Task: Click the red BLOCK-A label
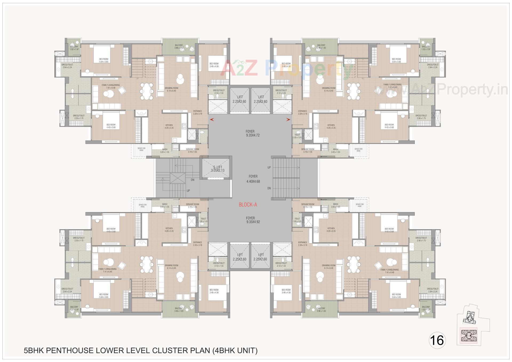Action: pyautogui.click(x=248, y=205)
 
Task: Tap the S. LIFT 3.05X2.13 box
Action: pyautogui.click(x=218, y=168)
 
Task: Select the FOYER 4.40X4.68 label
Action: pyautogui.click(x=253, y=179)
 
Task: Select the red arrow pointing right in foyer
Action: pyautogui.click(x=288, y=120)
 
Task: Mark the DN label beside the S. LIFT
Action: pyautogui.click(x=193, y=180)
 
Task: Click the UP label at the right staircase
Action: pyautogui.click(x=269, y=168)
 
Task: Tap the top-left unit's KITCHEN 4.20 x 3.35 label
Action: pyautogui.click(x=169, y=126)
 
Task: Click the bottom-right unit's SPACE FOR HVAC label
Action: pyautogui.click(x=360, y=206)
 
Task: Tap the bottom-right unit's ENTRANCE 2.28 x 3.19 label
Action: pyautogui.click(x=302, y=244)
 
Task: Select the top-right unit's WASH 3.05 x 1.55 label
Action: pyautogui.click(x=335, y=151)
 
